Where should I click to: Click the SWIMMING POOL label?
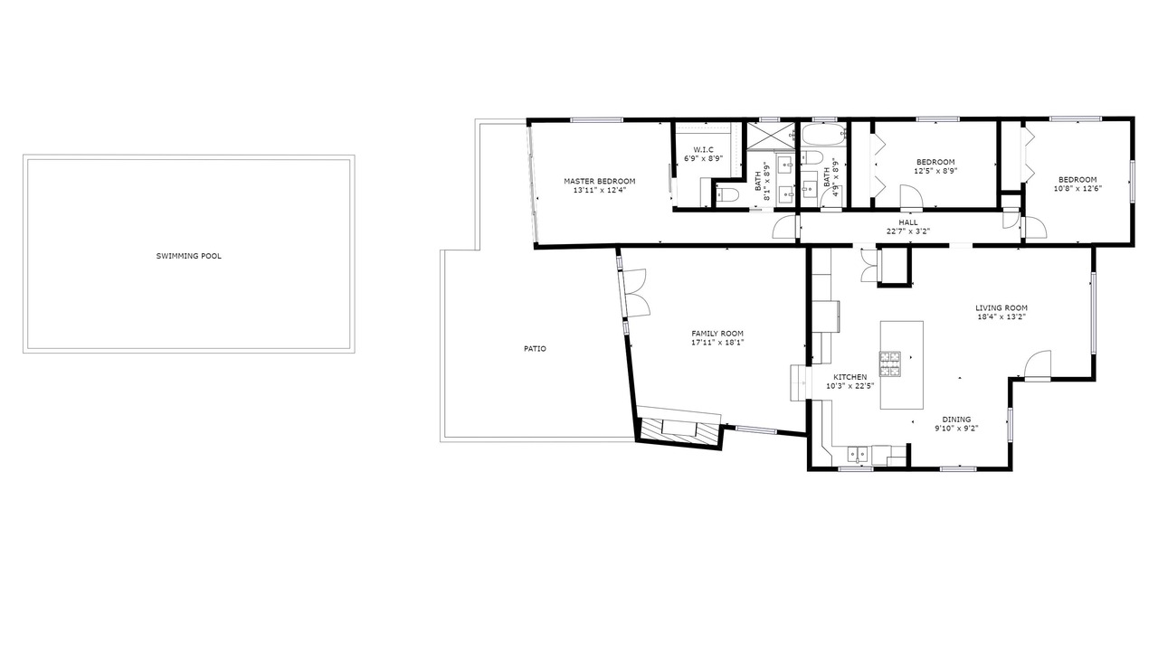pos(189,256)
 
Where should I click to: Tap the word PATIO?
pos(535,349)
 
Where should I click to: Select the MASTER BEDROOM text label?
pos(600,182)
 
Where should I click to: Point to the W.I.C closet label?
pos(703,150)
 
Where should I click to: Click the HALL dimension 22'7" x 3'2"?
pos(908,231)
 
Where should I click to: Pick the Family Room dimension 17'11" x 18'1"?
pos(717,343)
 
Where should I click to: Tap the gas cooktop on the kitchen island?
pos(889,363)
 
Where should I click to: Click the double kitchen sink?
pos(858,455)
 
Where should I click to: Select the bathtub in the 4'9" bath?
pos(823,136)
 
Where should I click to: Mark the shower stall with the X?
pos(771,136)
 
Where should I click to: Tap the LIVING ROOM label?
pos(1001,308)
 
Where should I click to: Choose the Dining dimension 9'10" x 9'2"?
pos(956,429)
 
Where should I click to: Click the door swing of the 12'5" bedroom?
pos(911,197)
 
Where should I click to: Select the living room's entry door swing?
pos(1038,364)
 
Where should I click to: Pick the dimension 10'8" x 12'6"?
pos(1077,189)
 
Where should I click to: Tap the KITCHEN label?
pos(850,377)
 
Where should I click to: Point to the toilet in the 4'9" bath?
pos(812,158)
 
